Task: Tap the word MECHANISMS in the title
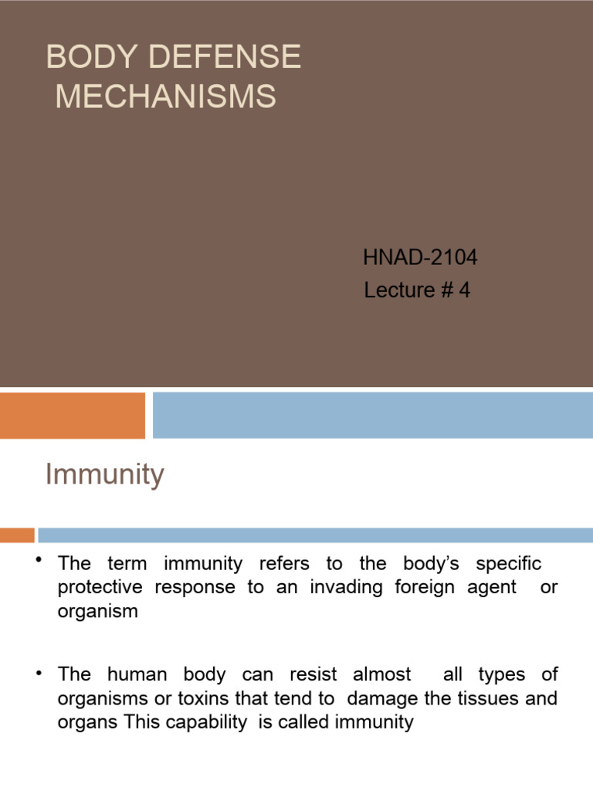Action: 165,97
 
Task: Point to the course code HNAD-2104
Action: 420,258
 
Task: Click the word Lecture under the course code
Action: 399,290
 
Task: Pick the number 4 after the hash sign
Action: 464,290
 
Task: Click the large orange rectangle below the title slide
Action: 73,415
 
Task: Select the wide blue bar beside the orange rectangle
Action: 372,415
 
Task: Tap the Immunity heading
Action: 104,474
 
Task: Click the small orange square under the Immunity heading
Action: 17,535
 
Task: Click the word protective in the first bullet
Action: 100,587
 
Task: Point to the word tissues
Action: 486,698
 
